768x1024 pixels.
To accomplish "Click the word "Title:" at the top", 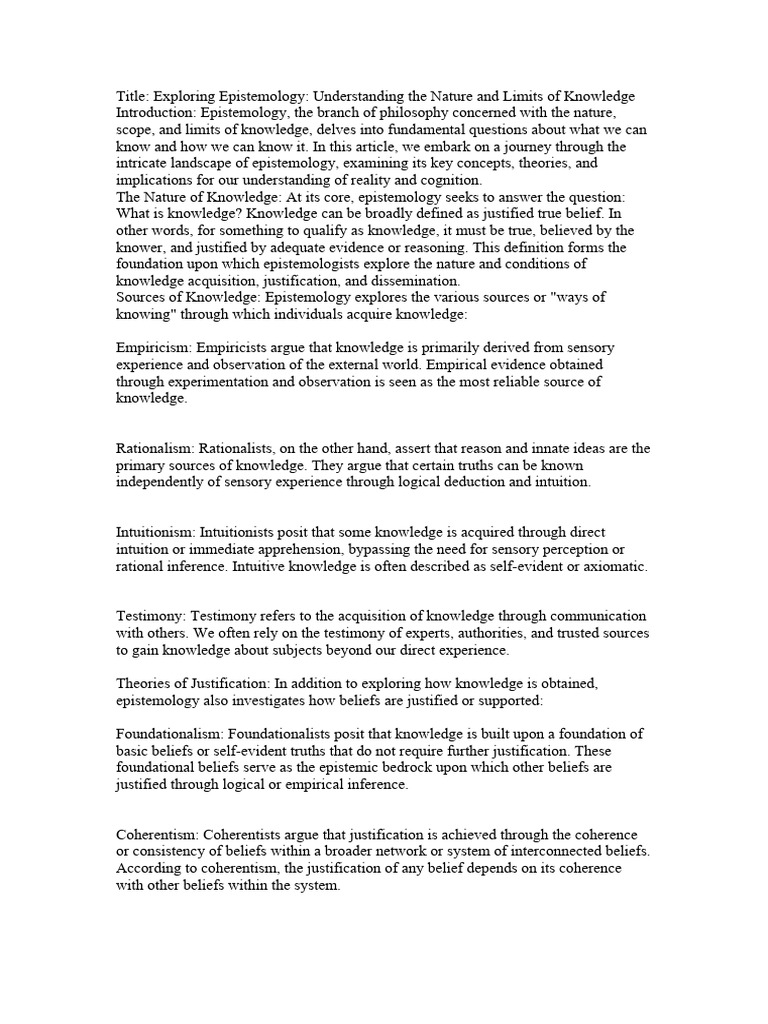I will (x=134, y=96).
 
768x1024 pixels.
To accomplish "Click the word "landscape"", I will (x=217, y=164).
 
